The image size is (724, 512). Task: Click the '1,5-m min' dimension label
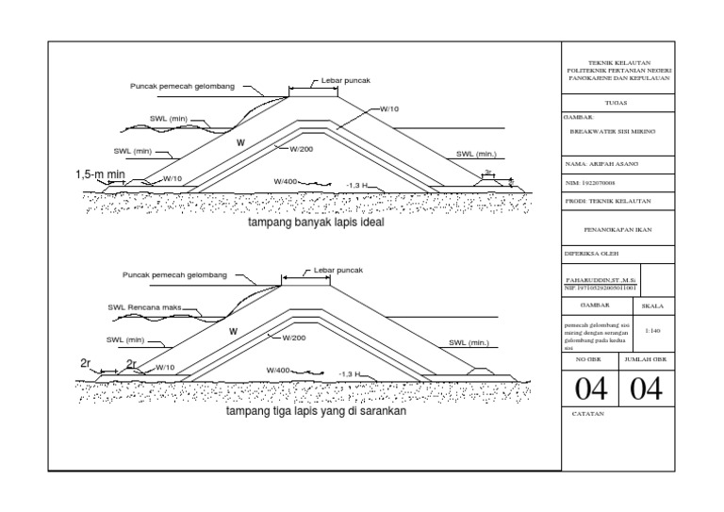coord(102,174)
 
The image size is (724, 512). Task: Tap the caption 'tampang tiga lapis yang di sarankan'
coord(315,412)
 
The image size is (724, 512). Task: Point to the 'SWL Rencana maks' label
coord(143,307)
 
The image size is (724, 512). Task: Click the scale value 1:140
coord(651,331)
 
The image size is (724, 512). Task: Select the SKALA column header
coord(651,306)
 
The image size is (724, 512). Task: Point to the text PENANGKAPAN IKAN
coord(618,228)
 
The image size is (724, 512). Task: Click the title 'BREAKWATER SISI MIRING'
coord(613,133)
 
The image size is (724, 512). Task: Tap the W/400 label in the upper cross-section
coord(285,181)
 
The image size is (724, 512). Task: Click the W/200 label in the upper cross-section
coord(300,148)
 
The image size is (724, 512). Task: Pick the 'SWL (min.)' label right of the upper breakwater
coord(475,153)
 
